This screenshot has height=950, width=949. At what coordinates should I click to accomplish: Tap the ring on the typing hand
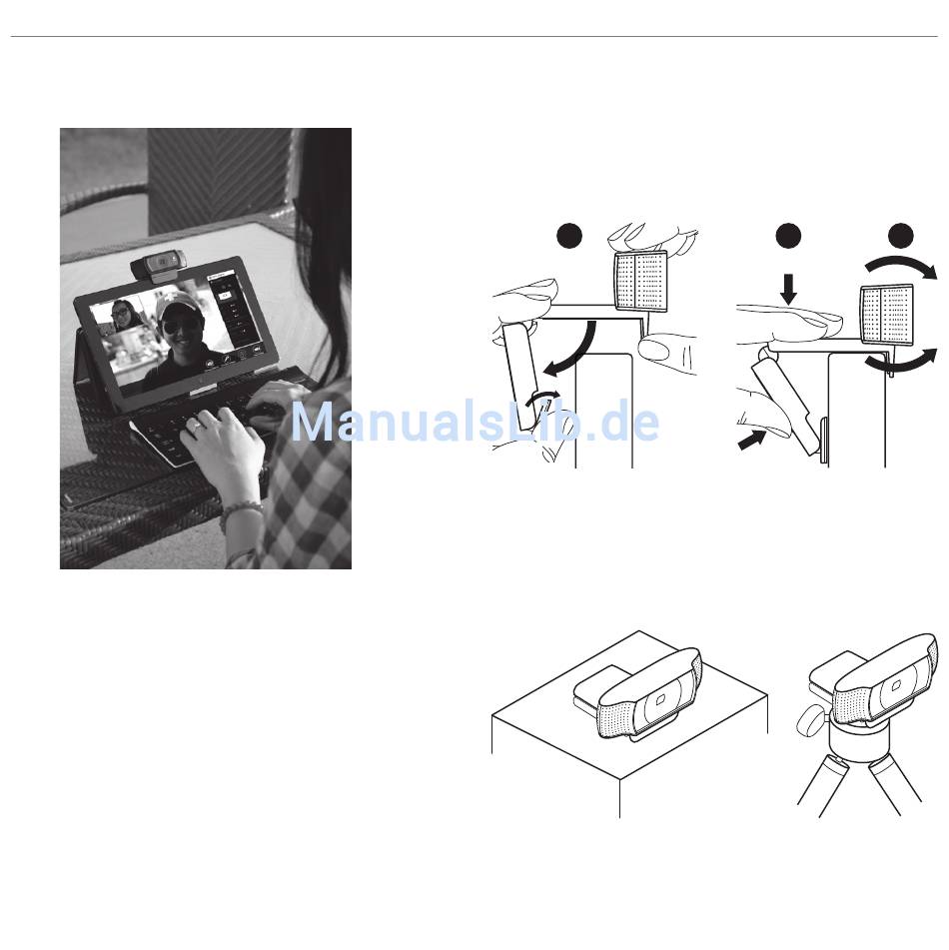pos(196,428)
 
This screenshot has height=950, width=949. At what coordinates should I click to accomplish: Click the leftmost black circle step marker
pos(569,236)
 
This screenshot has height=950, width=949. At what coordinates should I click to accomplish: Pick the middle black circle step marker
pos(788,236)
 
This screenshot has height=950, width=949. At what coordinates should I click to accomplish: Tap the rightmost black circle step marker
pos(901,236)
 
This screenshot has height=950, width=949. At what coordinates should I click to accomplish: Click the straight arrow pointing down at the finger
pos(788,289)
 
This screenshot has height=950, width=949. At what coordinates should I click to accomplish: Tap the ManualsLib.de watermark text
pos(474,422)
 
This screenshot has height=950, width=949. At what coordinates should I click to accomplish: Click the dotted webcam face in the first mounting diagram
pos(641,281)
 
